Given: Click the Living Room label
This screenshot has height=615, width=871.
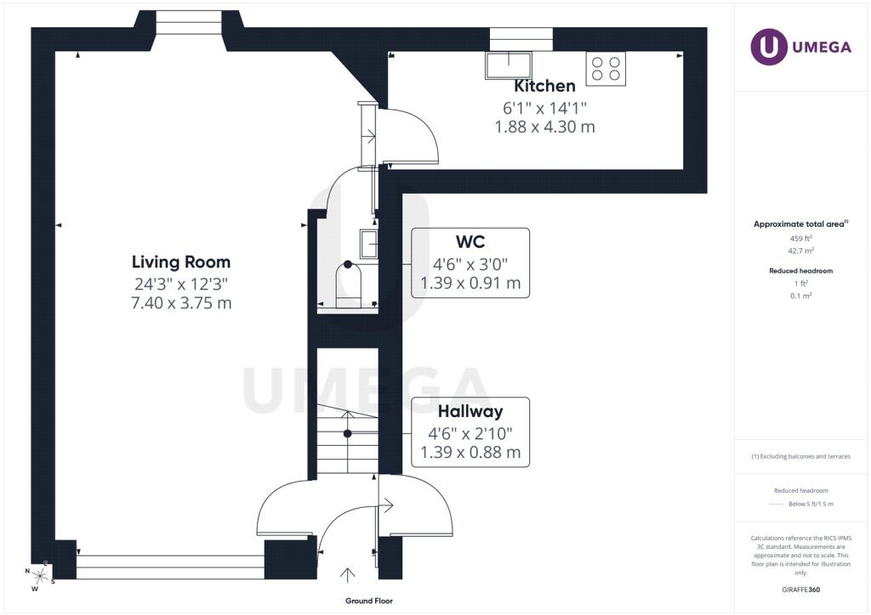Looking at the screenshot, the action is coord(181,262).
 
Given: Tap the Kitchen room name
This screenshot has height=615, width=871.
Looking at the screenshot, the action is coord(544,86).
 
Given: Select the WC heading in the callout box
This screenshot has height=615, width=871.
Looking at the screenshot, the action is coord(470,242).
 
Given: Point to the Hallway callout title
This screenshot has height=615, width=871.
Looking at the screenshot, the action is coord(470,411).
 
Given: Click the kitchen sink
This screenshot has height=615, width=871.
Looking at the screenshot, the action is coord(509,65).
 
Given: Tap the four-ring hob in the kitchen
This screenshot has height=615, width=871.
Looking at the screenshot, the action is coord(606,69).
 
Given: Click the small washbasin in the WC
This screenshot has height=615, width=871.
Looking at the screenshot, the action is coord(369,244).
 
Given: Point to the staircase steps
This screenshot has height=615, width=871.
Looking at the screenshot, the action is coord(348,438).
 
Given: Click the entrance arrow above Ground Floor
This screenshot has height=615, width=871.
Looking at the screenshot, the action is coord(348,575).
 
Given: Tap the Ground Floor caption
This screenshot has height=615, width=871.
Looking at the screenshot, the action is coord(369,601).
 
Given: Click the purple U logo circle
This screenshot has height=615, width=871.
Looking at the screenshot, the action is coord(769,47).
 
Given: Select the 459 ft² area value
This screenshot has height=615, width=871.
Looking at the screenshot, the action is coord(800,239).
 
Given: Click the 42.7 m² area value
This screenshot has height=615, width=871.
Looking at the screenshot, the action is coord(800,251).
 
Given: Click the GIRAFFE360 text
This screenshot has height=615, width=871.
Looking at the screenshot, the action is coord(800,590).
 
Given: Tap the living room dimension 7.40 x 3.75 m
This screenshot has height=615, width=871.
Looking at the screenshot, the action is coord(181,303).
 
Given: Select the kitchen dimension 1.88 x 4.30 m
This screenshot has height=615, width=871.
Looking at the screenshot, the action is coord(545,127).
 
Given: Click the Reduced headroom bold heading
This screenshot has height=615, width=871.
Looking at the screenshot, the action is coord(800,271).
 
